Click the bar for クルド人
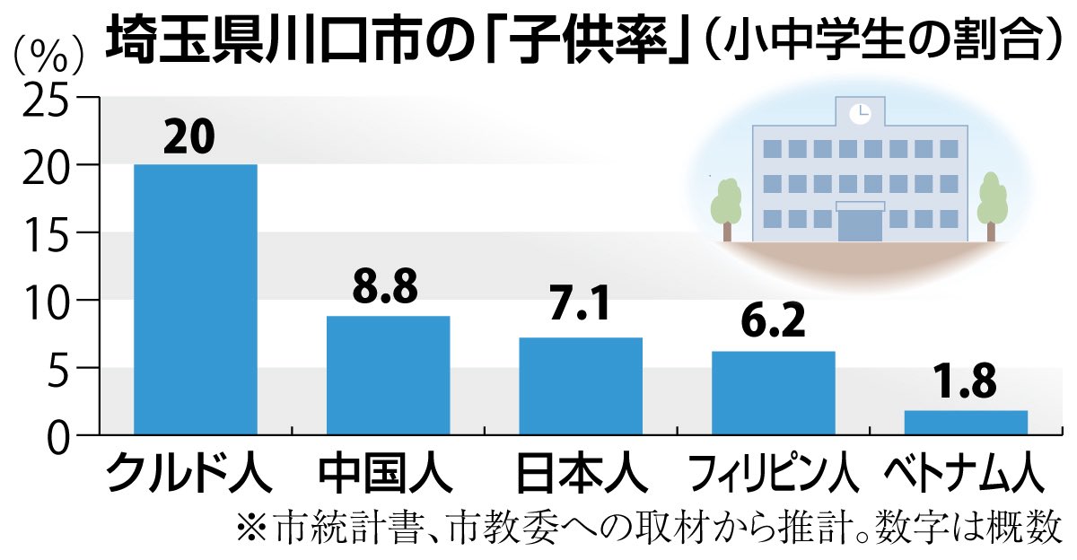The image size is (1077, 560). click(x=195, y=299)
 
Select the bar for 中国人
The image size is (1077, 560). click(x=388, y=375)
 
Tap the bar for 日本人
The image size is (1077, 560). click(x=581, y=386)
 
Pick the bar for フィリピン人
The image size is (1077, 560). click(x=774, y=392)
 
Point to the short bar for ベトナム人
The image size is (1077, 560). click(x=966, y=422)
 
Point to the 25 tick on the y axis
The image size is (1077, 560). click(x=44, y=101)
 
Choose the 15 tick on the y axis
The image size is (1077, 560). click(x=44, y=233)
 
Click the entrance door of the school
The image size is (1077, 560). click(x=860, y=224)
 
